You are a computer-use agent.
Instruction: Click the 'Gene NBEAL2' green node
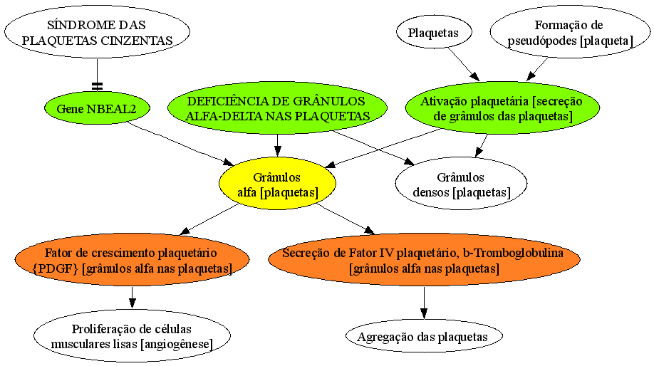(x=97, y=109)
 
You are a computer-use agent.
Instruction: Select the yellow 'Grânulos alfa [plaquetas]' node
(x=277, y=184)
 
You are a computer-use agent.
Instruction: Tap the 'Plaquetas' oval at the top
(x=434, y=33)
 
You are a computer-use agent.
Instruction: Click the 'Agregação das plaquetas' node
(x=424, y=336)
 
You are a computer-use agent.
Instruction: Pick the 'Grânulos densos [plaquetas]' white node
(x=461, y=184)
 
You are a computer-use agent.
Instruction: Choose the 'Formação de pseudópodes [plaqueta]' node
(x=570, y=33)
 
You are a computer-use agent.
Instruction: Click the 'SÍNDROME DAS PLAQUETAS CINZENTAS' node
(x=97, y=33)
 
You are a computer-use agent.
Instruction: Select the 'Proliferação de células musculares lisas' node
(x=132, y=336)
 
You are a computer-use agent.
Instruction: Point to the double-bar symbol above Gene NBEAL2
(x=97, y=86)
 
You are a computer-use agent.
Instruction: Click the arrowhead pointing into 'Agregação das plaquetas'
(x=424, y=313)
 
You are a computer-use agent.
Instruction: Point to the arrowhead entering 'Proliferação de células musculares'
(x=133, y=303)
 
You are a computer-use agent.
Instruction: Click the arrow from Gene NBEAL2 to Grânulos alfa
(x=181, y=143)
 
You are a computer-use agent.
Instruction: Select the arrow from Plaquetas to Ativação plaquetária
(x=464, y=64)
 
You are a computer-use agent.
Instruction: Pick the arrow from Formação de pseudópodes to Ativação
(x=537, y=69)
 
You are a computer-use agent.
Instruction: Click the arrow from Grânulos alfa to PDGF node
(x=209, y=219)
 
